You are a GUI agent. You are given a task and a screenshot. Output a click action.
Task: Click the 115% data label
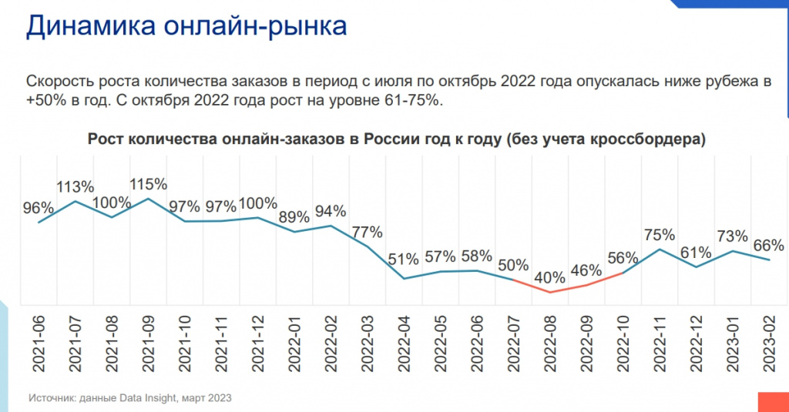pyautogui.click(x=148, y=184)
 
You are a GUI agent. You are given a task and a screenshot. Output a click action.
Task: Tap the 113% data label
pyautogui.click(x=75, y=186)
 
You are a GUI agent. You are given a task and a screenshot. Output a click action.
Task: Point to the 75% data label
pyautogui.click(x=660, y=234)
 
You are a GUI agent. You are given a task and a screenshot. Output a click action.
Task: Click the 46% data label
pyautogui.click(x=587, y=270)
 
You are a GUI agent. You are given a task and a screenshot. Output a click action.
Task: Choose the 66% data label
pyautogui.click(x=768, y=246)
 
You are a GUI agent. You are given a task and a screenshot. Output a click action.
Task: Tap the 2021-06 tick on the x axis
pyautogui.click(x=39, y=339)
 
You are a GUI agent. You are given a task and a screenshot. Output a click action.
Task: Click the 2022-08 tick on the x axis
pyautogui.click(x=550, y=339)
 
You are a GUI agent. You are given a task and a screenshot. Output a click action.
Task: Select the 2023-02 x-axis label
pyautogui.click(x=768, y=339)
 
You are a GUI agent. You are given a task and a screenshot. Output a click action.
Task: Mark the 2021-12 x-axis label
pyautogui.click(x=258, y=339)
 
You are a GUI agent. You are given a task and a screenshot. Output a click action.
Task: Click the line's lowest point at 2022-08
pyautogui.click(x=550, y=292)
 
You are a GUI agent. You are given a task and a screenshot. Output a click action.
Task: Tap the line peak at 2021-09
pyautogui.click(x=149, y=199)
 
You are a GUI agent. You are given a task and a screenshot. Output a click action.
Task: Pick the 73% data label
pyautogui.click(x=732, y=236)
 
